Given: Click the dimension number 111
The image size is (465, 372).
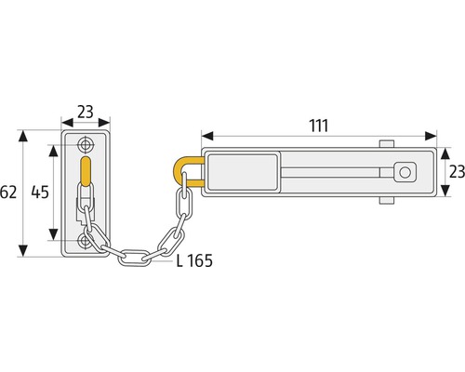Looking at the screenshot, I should (318, 124).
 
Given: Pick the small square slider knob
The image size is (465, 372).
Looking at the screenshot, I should (403, 172).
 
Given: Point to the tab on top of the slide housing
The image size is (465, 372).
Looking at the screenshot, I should (386, 142).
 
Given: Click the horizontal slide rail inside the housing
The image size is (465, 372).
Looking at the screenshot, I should (335, 172).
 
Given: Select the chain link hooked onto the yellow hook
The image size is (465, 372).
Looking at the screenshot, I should (185, 193).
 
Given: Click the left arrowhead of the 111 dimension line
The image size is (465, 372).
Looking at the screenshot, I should (200, 137).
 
